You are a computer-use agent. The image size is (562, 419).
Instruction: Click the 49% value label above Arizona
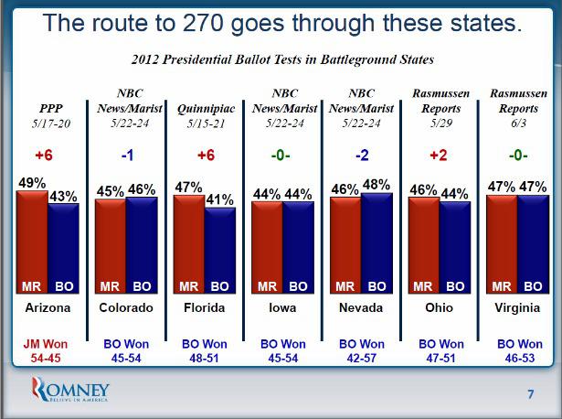[x=31, y=183]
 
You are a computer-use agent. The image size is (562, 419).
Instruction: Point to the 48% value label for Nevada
[x=377, y=183]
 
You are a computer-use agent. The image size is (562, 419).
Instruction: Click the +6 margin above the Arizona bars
[x=43, y=156]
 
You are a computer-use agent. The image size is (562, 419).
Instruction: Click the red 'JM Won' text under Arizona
[x=43, y=344]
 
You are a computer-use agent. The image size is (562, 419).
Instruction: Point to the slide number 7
[x=531, y=395]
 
